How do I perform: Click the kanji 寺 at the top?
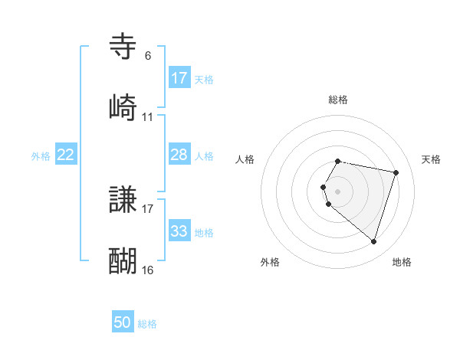click(x=123, y=47)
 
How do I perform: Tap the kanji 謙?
click(x=123, y=201)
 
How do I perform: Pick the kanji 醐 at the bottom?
click(x=123, y=261)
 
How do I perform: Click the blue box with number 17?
click(x=179, y=78)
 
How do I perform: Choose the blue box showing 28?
click(x=179, y=155)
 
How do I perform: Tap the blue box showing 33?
click(x=179, y=231)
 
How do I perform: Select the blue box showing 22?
click(x=66, y=155)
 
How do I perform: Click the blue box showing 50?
click(x=123, y=322)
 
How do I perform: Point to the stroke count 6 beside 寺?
click(x=148, y=56)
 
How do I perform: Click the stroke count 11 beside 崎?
click(x=148, y=117)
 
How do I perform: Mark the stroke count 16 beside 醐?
click(x=148, y=270)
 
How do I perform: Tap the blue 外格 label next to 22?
click(x=41, y=155)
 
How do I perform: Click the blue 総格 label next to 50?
click(x=147, y=323)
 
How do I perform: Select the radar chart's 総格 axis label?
click(x=338, y=100)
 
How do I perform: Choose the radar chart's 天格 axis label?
click(x=432, y=159)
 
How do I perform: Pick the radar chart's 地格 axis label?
click(x=402, y=262)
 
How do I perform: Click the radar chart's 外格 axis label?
click(x=270, y=262)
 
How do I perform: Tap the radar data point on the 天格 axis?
click(x=396, y=172)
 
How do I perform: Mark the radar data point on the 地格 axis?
click(x=373, y=242)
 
